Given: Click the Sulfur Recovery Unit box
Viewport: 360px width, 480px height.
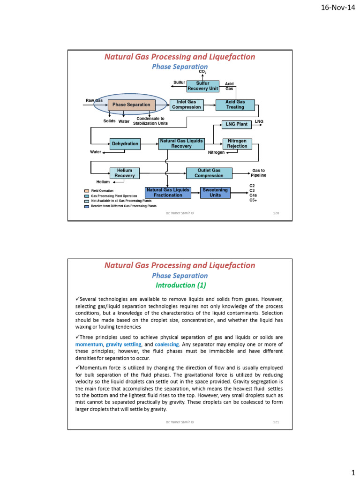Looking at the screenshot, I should tap(202, 86).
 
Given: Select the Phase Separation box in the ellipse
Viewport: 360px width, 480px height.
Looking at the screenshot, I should tap(131, 105).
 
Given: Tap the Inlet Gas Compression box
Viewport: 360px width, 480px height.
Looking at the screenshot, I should tap(187, 105).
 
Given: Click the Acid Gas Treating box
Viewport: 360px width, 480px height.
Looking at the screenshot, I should tap(235, 105).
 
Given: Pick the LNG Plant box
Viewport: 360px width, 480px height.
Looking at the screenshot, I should tap(236, 124).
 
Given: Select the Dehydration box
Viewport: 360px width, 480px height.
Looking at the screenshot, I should tap(125, 144).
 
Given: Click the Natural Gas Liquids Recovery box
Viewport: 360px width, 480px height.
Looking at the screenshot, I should tap(181, 143).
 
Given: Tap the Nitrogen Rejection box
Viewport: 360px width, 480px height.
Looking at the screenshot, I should tap(237, 143).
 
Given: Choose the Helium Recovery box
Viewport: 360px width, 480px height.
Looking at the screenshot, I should tap(125, 173).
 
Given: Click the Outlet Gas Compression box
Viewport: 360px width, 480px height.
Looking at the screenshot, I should tap(209, 173).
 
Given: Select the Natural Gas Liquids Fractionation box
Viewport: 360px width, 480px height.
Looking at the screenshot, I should tap(168, 192).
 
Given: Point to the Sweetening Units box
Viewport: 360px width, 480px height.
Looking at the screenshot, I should tap(215, 192).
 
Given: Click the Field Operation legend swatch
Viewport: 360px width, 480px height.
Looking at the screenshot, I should tap(87, 191).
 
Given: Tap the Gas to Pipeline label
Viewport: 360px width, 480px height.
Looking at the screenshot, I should tap(258, 173).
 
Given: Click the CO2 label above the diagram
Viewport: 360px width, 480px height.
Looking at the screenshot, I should tap(202, 72).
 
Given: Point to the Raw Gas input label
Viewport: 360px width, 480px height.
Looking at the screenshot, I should tap(94, 101).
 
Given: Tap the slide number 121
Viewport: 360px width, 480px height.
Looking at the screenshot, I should tap(276, 422).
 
